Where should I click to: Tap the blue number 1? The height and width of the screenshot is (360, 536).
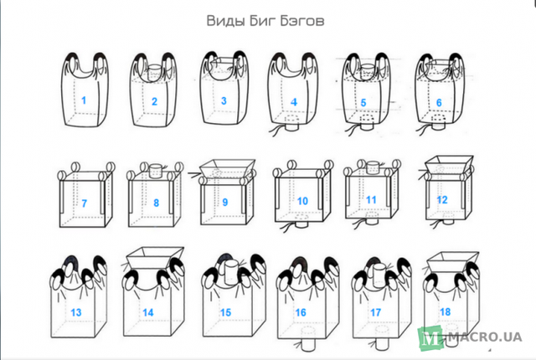84,100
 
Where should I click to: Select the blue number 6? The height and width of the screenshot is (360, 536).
439,103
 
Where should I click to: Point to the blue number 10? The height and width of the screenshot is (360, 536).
302,201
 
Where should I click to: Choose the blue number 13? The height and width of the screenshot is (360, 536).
76,312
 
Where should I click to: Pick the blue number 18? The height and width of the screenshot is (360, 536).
445,311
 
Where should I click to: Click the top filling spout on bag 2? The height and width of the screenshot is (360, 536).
156,72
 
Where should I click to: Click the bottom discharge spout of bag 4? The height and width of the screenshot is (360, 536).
291,124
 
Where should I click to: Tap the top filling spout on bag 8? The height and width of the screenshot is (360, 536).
156,170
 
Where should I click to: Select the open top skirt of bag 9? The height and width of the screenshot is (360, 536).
227,168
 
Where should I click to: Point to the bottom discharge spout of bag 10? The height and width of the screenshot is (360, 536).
301,221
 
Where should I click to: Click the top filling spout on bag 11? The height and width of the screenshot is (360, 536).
373,167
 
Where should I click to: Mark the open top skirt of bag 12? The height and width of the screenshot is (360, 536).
449,163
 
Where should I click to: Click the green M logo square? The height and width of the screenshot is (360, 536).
430,338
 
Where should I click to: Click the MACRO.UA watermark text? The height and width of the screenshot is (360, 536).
485,337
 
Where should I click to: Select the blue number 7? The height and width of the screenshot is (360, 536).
84,203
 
